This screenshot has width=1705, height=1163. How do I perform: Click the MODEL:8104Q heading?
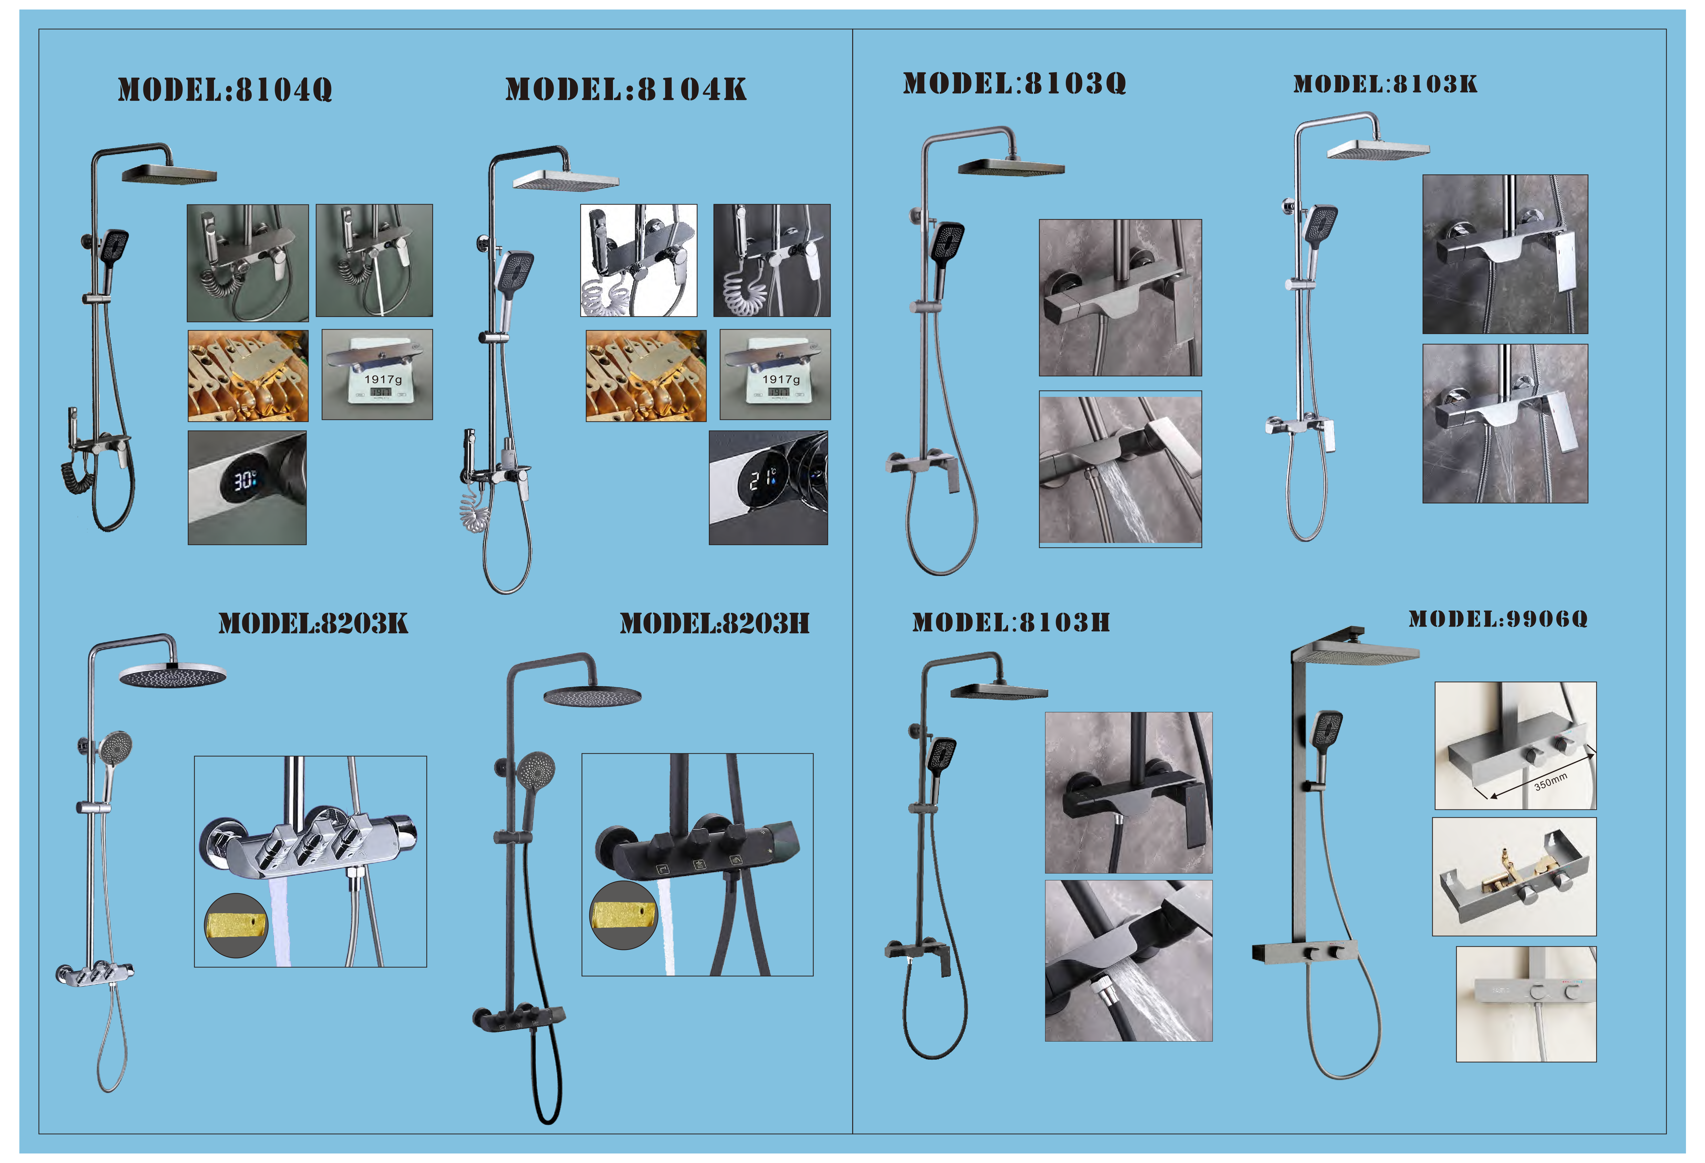[x=225, y=90]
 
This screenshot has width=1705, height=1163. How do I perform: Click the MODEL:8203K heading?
[x=313, y=623]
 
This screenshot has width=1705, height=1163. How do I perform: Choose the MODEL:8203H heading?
[x=715, y=623]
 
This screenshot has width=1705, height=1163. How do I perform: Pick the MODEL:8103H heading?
[x=1011, y=622]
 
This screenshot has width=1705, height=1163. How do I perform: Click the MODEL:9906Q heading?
[x=1498, y=618]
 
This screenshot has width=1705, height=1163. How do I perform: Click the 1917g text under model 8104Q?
[x=383, y=379]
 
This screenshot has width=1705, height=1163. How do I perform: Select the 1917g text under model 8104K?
[x=781, y=379]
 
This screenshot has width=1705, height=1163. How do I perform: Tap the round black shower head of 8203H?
[x=592, y=696]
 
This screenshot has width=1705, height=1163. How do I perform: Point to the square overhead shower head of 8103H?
[x=999, y=691]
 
